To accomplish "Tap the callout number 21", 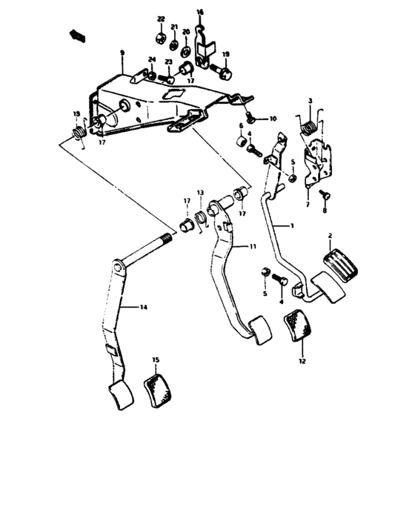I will coord(174,27).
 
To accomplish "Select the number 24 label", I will coord(150,60).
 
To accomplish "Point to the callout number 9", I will coord(123,53).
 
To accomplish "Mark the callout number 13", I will coord(199,192).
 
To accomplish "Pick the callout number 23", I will coord(168,62).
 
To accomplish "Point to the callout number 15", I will coord(156,360).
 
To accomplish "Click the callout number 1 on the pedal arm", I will coord(292,223).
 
